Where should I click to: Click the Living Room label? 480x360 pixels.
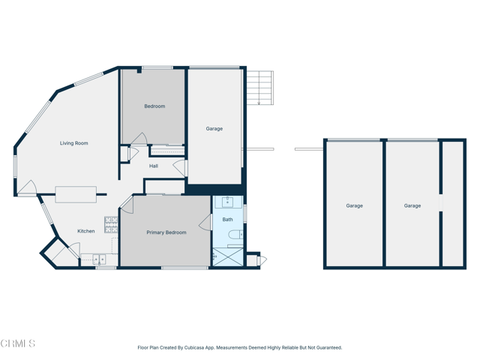(74, 143)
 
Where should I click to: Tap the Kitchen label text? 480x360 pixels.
(86, 231)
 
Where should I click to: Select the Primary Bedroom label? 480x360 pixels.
(166, 232)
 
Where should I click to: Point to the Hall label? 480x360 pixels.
(154, 166)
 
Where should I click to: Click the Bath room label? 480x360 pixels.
(227, 220)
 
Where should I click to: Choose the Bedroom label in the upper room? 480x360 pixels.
(154, 106)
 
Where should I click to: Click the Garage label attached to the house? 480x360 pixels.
(214, 129)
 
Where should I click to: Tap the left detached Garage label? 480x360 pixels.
(354, 205)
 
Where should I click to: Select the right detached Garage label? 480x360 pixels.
(412, 205)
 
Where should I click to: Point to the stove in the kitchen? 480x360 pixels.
(111, 223)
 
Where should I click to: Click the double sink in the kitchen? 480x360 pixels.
(99, 259)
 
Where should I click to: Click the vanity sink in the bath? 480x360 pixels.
(228, 202)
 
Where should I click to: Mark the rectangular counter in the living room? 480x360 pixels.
(76, 194)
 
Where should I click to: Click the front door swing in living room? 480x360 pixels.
(26, 187)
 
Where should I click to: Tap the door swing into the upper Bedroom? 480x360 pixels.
(138, 139)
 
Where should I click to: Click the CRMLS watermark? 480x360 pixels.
(18, 343)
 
